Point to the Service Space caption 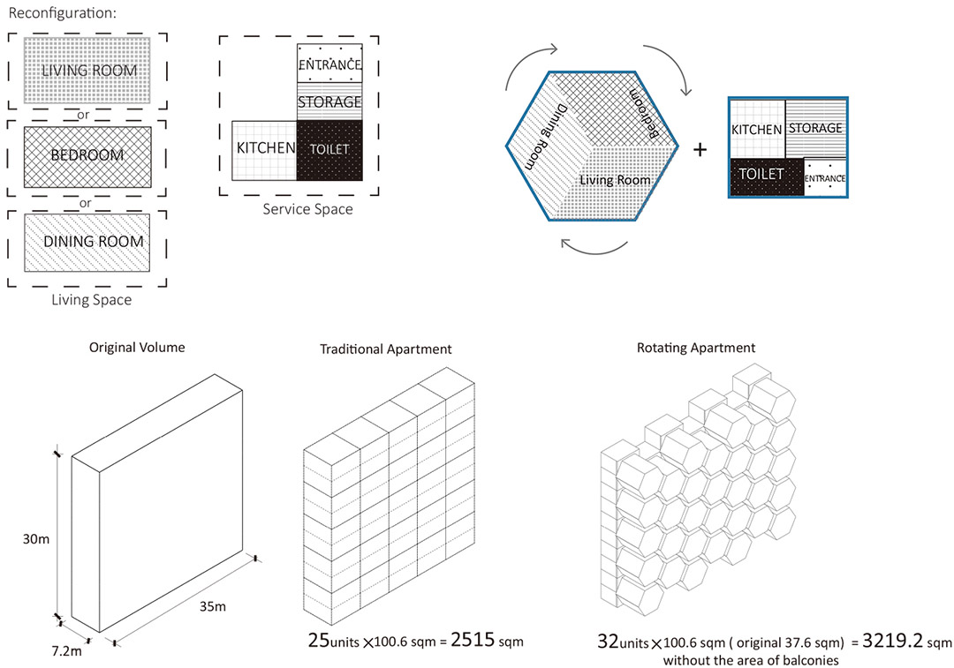(x=307, y=209)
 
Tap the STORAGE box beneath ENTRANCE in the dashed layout (x=329, y=101)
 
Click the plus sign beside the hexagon (x=700, y=149)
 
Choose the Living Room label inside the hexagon (x=615, y=180)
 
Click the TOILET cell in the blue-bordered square (x=761, y=175)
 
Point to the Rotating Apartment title (x=695, y=348)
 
